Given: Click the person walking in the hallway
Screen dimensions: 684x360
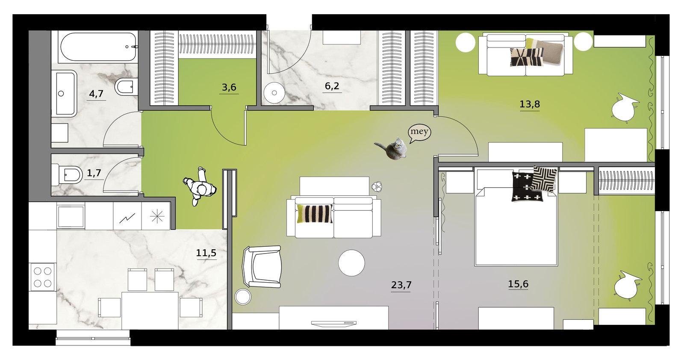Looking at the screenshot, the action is (x=200, y=186).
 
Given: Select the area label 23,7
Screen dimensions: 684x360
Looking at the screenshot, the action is (x=401, y=285).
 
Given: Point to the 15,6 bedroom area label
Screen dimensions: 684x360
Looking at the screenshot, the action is (x=518, y=284).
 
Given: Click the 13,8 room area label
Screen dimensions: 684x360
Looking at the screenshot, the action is (x=530, y=104).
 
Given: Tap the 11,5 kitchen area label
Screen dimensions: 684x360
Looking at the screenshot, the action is (x=206, y=253).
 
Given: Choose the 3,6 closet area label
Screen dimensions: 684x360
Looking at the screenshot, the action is (x=229, y=88).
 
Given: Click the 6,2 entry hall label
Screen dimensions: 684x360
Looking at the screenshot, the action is (x=332, y=86).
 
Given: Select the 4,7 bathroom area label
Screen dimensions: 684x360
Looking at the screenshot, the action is (x=96, y=94).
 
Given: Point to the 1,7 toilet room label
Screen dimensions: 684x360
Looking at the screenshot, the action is (x=94, y=174).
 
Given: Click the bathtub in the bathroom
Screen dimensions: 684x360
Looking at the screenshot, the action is (x=98, y=47).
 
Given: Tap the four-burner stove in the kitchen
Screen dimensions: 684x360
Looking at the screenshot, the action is (x=42, y=277).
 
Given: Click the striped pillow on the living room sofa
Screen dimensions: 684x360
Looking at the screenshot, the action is (x=315, y=214).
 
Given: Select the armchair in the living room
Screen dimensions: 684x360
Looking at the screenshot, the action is (x=262, y=266).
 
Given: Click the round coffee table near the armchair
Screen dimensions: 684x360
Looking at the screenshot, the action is (x=351, y=263).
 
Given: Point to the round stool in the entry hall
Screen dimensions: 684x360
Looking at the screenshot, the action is (x=274, y=92).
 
